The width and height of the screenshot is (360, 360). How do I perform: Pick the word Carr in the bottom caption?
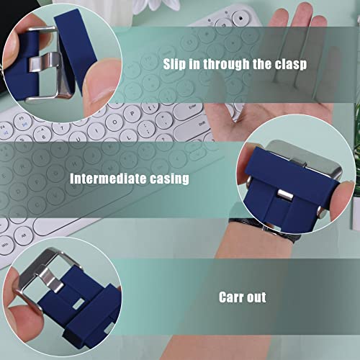pos(230,297)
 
